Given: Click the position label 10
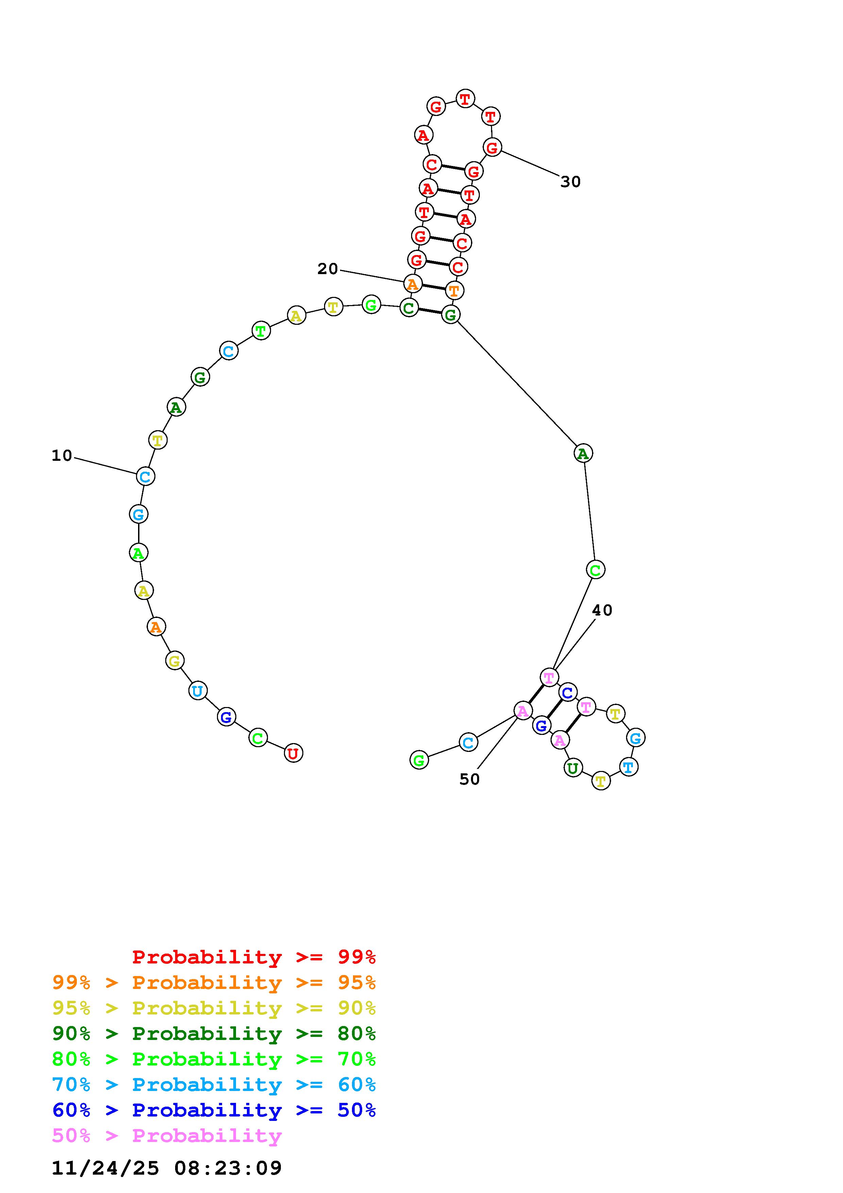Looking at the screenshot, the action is (62, 456).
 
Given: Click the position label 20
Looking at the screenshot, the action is (328, 269).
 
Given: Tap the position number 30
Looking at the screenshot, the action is (570, 182).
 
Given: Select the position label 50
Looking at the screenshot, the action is (470, 779).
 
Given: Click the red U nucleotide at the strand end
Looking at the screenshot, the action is (293, 753).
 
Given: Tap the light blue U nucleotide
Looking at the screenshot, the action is (197, 691).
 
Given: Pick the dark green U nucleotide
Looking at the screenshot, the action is (573, 768).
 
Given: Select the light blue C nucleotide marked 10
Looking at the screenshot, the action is (146, 476).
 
